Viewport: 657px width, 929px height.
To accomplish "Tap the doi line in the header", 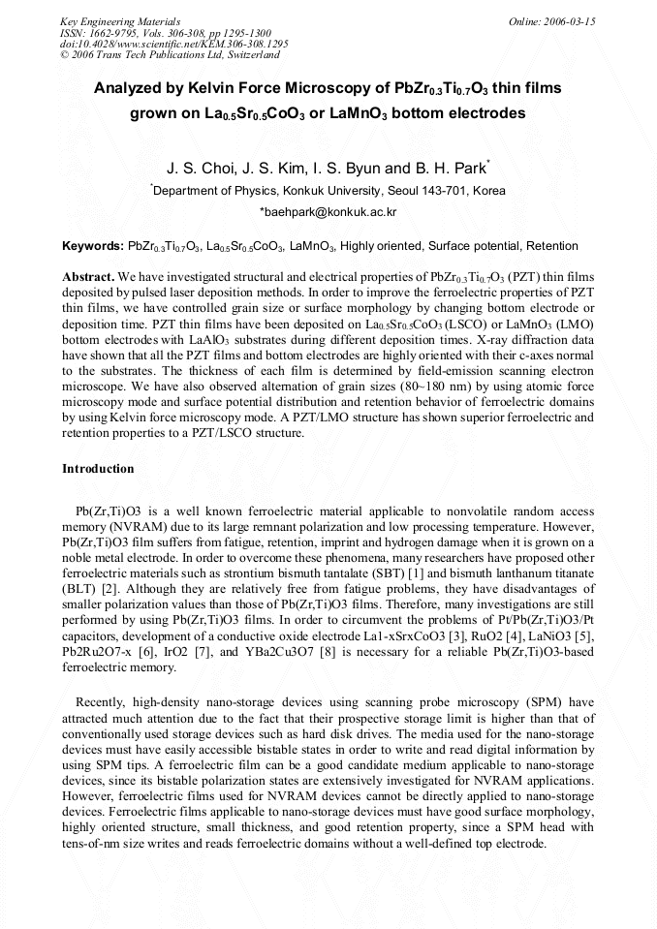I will (173, 44).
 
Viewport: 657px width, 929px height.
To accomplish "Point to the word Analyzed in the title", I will (131, 88).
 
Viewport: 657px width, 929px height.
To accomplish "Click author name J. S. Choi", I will (199, 168).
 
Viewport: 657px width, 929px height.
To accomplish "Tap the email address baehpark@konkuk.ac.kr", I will (328, 211).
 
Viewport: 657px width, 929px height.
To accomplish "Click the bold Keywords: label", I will (93, 246).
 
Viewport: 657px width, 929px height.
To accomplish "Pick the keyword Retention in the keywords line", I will (551, 246).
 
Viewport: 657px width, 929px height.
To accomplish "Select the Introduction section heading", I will (98, 469).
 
